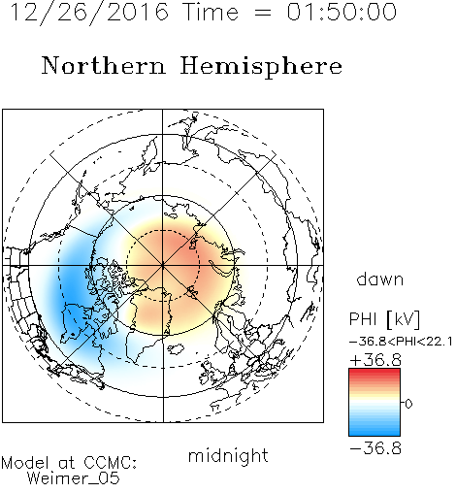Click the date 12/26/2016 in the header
(x=89, y=12)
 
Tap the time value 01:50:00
(x=342, y=12)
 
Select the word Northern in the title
(x=103, y=65)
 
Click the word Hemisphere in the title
(x=261, y=67)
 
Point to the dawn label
(x=380, y=279)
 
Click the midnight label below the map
(x=228, y=456)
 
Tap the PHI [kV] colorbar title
(x=385, y=319)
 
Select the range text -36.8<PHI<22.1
(x=401, y=342)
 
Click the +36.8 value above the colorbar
(x=375, y=360)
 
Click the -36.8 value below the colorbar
(x=375, y=448)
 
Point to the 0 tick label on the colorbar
(x=408, y=404)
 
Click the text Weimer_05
(x=74, y=478)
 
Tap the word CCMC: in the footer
(x=110, y=463)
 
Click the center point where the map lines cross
(x=163, y=266)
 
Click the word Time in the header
(x=211, y=12)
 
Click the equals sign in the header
(x=263, y=13)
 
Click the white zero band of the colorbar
(x=375, y=403)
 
